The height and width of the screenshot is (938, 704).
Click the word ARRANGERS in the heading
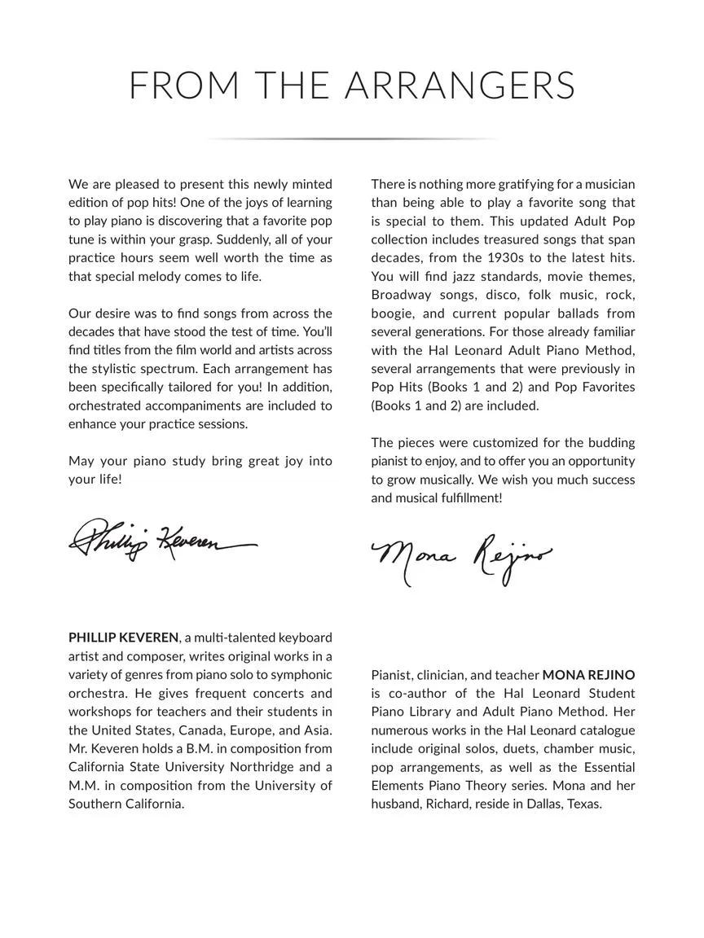tap(460, 86)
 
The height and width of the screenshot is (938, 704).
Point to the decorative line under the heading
tap(352, 139)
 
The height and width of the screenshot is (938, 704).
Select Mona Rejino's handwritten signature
tap(461, 560)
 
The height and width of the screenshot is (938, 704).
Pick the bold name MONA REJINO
tap(588, 675)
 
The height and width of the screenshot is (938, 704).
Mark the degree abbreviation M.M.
tap(86, 786)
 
